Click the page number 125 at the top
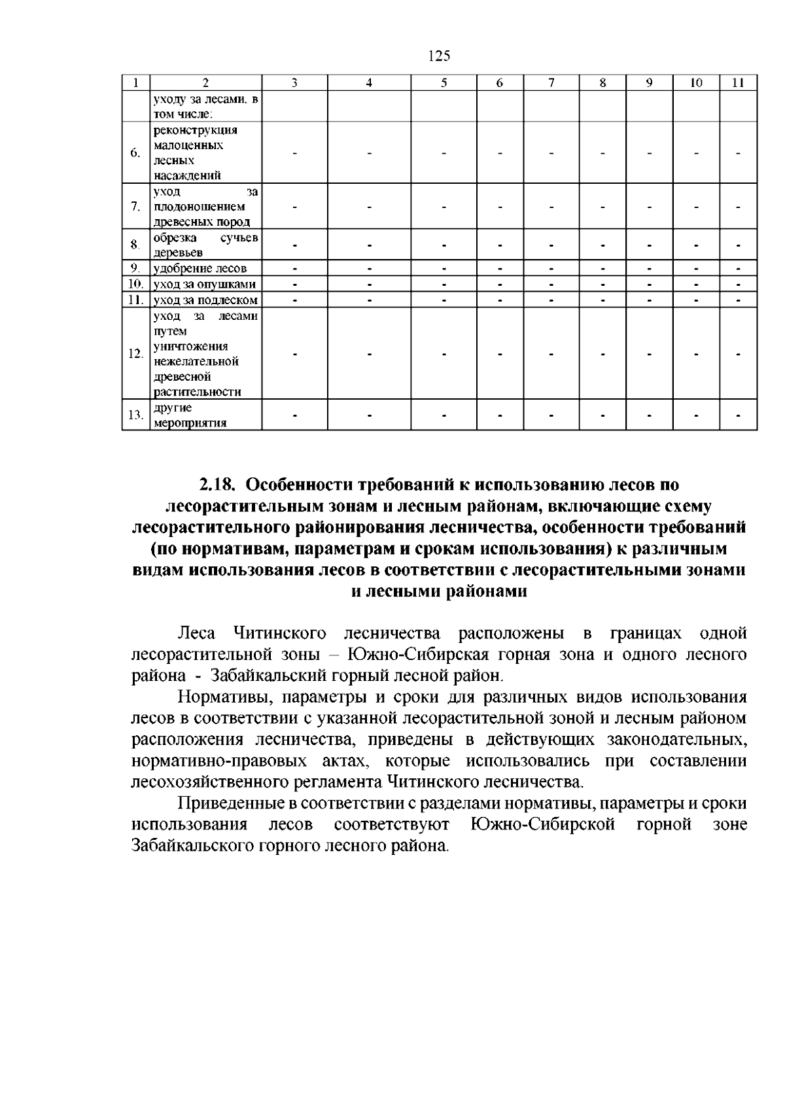coord(439,56)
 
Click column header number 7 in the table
coord(551,83)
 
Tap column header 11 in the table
coord(738,83)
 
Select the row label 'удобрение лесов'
coord(200,268)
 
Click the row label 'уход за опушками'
coord(204,285)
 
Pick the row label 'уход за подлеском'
coord(205,300)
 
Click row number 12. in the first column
coord(135,354)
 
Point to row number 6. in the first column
coord(135,153)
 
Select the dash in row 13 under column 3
coord(294,415)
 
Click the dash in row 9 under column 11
coord(738,268)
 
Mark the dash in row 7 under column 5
coord(444,207)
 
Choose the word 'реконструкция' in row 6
coord(195,130)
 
